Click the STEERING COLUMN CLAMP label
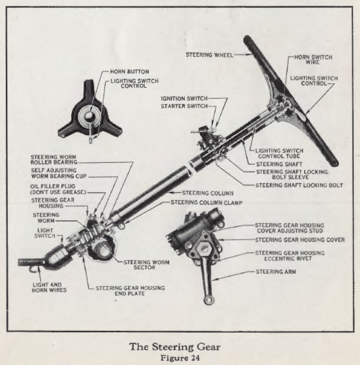click(x=204, y=202)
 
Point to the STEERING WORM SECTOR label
click(x=147, y=265)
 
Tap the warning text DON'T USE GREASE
click(x=58, y=192)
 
